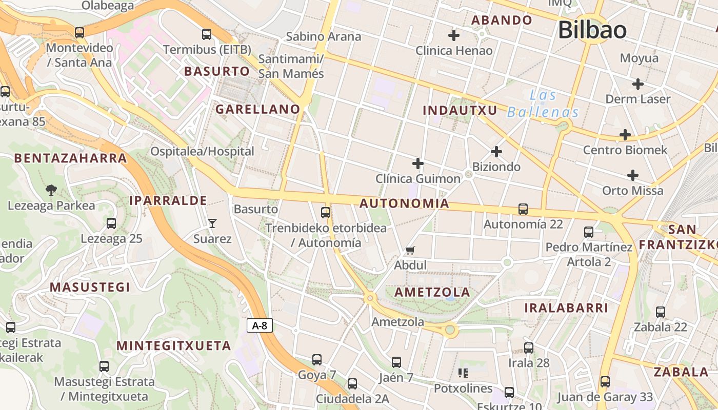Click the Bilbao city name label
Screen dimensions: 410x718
[x=592, y=30]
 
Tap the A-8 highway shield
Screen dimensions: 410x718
[x=260, y=325]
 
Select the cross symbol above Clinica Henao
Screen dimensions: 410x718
[x=453, y=35]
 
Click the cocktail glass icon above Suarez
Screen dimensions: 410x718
[x=212, y=223]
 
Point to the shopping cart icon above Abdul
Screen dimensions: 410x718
[x=410, y=251]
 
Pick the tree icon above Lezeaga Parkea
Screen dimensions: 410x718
[x=51, y=190]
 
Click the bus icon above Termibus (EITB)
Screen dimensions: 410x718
[x=207, y=34]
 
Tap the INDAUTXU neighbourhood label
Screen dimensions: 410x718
[x=460, y=110]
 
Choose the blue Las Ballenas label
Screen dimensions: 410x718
[x=543, y=104]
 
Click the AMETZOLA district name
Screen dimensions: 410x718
[x=432, y=293]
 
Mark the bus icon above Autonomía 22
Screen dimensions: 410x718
[x=523, y=209]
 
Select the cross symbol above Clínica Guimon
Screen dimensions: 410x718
[x=418, y=163]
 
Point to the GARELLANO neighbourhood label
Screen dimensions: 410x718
[x=257, y=109]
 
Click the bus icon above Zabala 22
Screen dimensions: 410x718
[x=661, y=312]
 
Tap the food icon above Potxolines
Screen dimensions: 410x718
[x=463, y=373]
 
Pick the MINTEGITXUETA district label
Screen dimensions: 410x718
[x=174, y=346]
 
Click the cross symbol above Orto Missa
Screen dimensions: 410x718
[x=633, y=175]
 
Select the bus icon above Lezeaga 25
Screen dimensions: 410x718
[x=111, y=223]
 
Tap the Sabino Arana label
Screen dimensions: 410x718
[x=323, y=36]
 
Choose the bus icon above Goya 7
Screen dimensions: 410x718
[x=317, y=360]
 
